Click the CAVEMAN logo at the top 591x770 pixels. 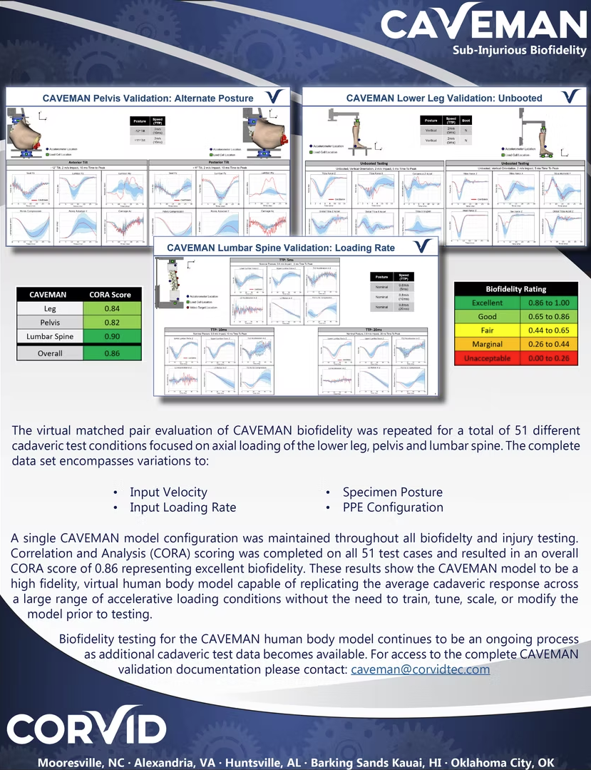click(483, 23)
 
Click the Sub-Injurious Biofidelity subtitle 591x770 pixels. click(519, 50)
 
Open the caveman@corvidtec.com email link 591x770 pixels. click(421, 669)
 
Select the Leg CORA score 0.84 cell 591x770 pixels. click(111, 309)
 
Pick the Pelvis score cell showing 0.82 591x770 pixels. click(111, 323)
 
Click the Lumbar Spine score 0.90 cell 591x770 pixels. click(111, 336)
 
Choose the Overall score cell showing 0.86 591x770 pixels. click(111, 353)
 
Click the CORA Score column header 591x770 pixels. click(111, 294)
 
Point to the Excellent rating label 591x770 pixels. click(487, 303)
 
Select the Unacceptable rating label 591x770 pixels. click(487, 358)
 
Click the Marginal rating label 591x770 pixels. click(487, 344)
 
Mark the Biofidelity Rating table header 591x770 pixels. click(516, 289)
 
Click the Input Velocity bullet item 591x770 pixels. click(168, 492)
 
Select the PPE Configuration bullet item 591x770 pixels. click(393, 507)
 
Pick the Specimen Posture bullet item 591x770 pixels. click(392, 492)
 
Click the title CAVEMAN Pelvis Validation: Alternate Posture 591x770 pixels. click(148, 98)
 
